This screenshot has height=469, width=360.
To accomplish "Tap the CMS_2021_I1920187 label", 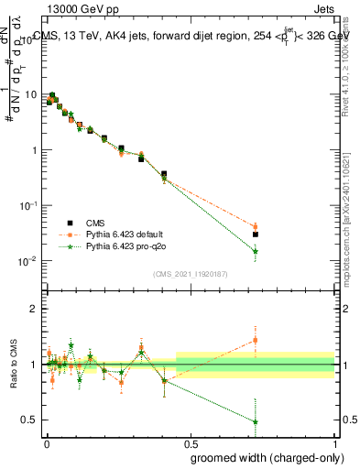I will [190, 274].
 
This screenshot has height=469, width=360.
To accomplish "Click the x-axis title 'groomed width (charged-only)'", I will [263, 457].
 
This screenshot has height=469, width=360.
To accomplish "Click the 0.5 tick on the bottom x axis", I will [191, 444].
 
